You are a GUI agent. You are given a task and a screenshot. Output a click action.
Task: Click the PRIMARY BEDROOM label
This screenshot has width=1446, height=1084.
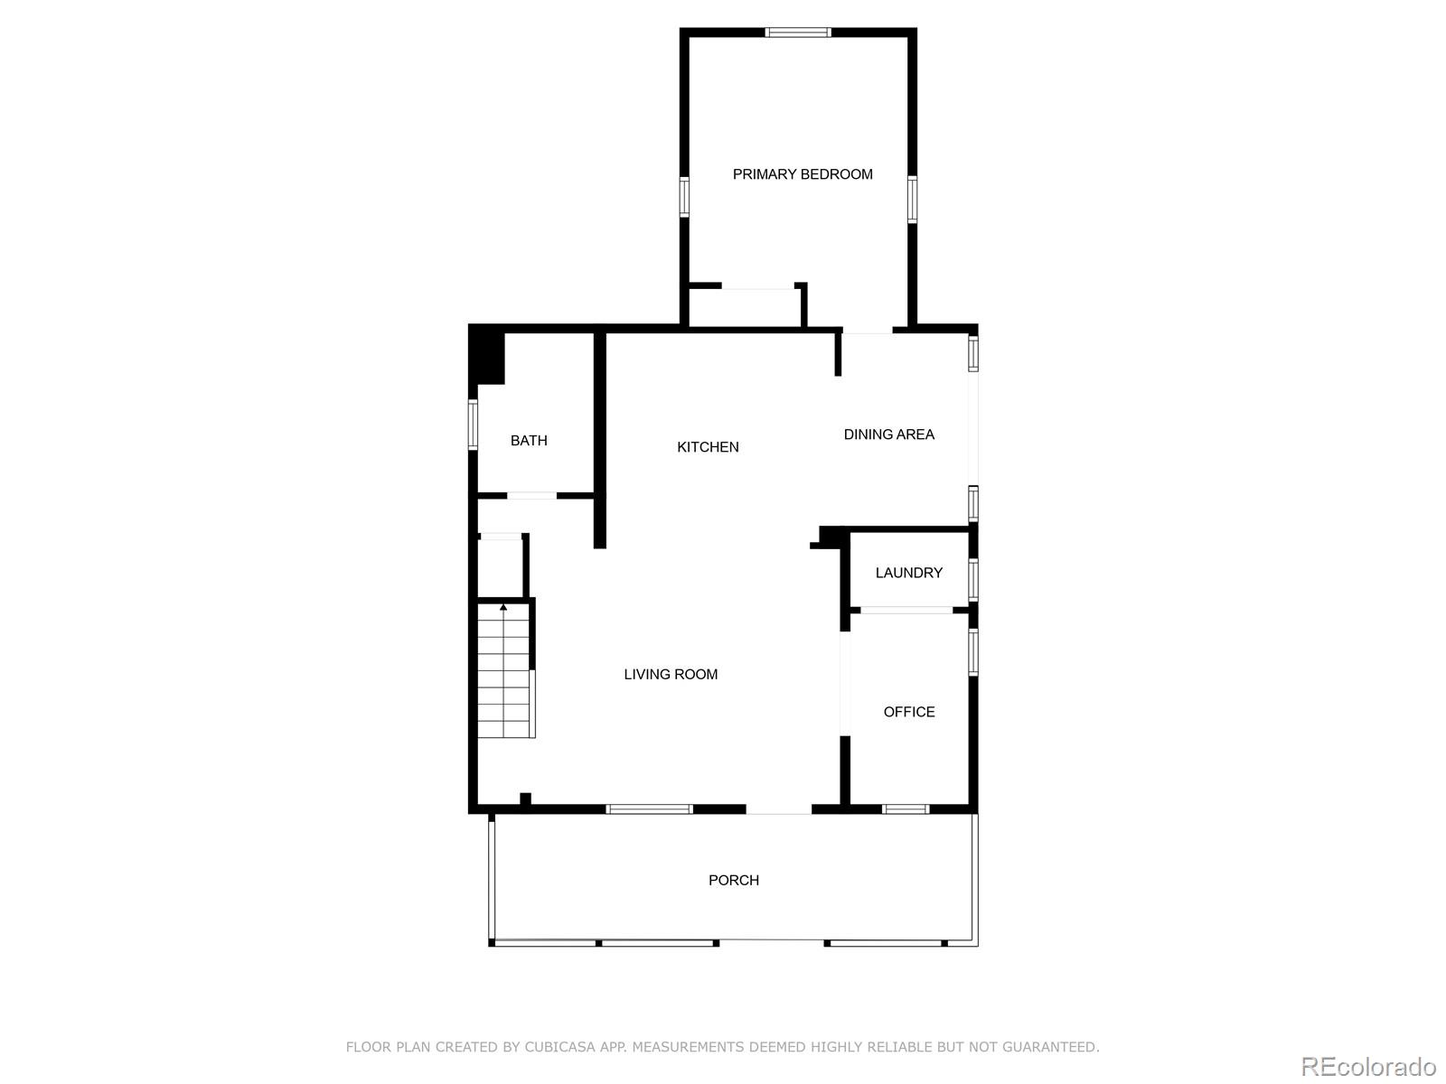click(803, 174)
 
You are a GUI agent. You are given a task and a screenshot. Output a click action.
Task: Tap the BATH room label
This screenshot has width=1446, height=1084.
click(529, 441)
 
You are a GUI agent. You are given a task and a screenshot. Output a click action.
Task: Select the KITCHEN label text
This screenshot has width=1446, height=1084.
click(708, 447)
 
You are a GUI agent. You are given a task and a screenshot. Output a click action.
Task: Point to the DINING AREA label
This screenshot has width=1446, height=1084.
click(888, 435)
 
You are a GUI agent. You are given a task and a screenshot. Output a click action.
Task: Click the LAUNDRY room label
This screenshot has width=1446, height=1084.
click(908, 573)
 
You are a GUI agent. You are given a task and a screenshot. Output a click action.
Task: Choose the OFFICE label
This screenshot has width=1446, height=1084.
click(908, 712)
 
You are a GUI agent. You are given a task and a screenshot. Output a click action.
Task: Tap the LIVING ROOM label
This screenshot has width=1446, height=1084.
click(671, 674)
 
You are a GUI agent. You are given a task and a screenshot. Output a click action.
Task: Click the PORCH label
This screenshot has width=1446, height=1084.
click(733, 880)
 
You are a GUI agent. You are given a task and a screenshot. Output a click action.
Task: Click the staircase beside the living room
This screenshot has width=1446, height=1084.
click(504, 673)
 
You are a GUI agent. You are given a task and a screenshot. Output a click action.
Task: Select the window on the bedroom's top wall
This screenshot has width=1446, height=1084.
click(797, 33)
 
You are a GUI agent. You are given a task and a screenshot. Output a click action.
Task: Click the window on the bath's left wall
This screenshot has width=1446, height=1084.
click(473, 424)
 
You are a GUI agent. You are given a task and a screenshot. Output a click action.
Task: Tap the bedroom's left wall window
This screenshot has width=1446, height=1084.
click(684, 197)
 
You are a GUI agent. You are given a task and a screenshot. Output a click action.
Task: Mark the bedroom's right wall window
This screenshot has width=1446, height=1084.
click(912, 199)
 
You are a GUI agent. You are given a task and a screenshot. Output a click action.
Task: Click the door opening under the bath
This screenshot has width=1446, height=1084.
click(531, 495)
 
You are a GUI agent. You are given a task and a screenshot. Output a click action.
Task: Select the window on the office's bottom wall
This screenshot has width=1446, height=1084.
click(905, 808)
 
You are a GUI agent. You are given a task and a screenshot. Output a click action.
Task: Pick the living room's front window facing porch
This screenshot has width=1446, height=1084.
click(649, 808)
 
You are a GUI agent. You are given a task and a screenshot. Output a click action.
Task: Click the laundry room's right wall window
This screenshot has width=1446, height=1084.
click(973, 579)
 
